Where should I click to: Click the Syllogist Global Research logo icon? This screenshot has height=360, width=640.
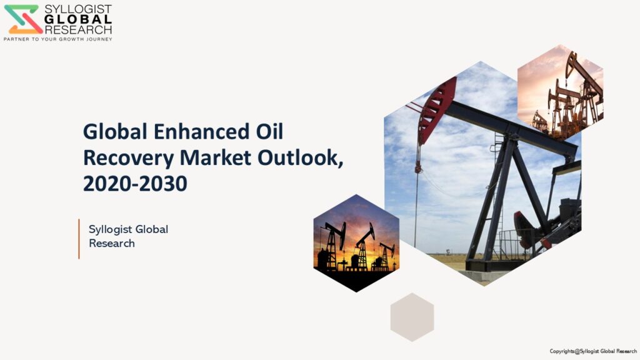click(x=23, y=19)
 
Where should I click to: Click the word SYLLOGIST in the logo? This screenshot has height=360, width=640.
click(x=78, y=9)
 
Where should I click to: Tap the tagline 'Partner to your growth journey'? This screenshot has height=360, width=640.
click(x=58, y=39)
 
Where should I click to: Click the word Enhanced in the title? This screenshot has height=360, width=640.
click(x=201, y=131)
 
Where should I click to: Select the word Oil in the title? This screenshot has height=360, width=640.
click(x=269, y=131)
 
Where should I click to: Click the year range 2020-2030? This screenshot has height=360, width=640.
click(x=135, y=184)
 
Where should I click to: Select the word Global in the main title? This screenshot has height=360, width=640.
click(x=115, y=131)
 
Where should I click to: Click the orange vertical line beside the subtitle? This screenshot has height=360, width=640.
click(x=79, y=239)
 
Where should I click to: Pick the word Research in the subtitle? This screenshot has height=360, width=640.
click(x=112, y=243)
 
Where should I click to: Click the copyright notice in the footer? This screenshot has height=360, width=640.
click(x=593, y=351)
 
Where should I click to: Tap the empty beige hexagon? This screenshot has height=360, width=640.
click(x=412, y=317)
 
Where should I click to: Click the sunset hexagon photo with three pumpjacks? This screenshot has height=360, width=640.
click(x=356, y=243)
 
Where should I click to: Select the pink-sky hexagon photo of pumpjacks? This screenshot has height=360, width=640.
click(x=561, y=92)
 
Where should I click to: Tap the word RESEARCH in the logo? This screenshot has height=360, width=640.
click(x=78, y=29)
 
